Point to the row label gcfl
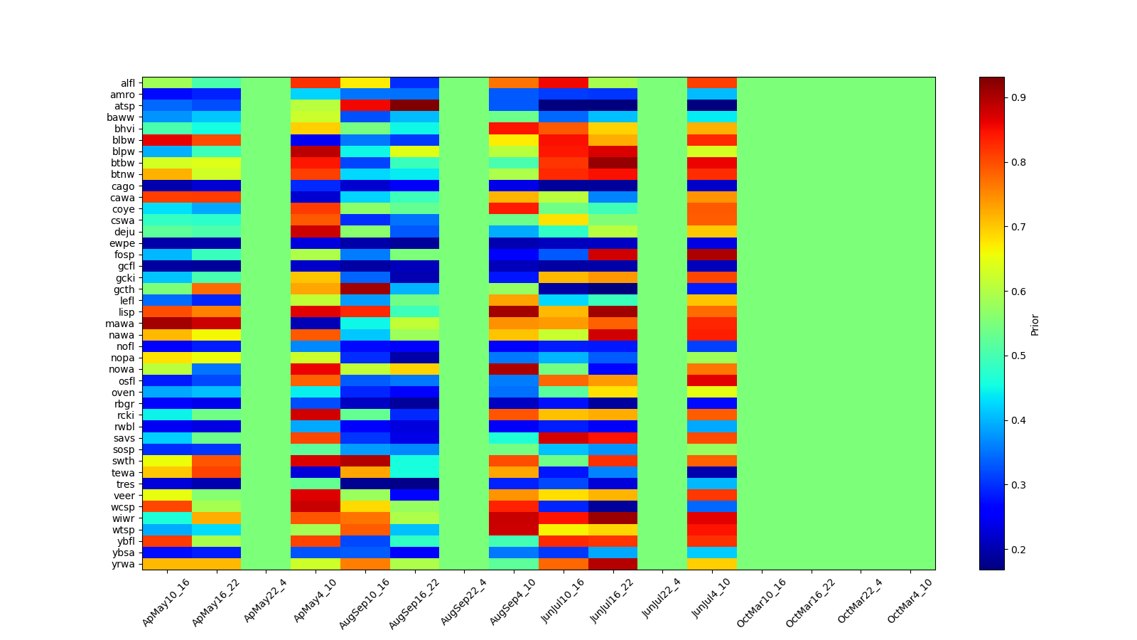pos(126,267)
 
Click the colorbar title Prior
pos(1035,324)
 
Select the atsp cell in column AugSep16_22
pos(414,106)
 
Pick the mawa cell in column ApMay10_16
pos(167,324)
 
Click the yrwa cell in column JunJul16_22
pos(613,564)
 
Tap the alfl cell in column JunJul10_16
pos(563,83)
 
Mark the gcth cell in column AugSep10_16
pos(365,289)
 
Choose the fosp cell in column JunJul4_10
pos(712,255)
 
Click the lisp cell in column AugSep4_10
pos(513,312)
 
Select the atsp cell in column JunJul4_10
pos(712,106)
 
